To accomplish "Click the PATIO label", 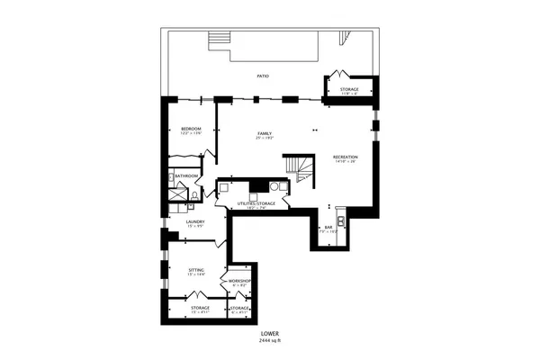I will click(x=264, y=76).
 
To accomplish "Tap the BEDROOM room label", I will click(x=191, y=130).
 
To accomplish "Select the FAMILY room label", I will click(x=265, y=134).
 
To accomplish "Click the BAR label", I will click(x=329, y=227).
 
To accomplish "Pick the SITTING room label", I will click(x=195, y=269).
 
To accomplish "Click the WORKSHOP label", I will click(x=238, y=282).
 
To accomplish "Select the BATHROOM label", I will click(x=186, y=175).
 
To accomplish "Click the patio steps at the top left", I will click(x=219, y=42).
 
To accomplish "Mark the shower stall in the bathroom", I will click(x=175, y=194).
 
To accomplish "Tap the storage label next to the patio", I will click(x=348, y=90).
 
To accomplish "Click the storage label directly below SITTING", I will click(x=200, y=308).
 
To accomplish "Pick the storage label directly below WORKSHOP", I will click(x=238, y=308).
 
